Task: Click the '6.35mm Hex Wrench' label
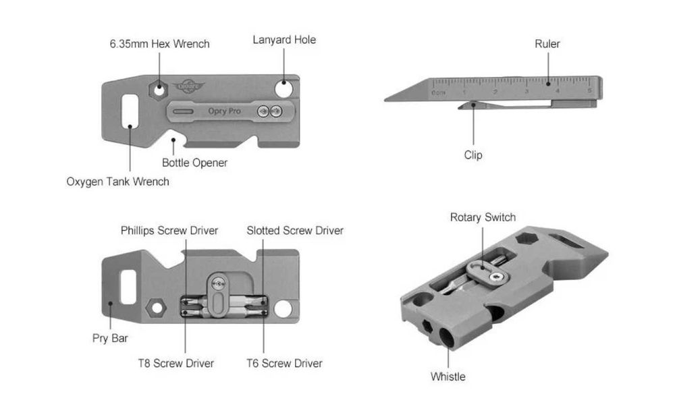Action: tap(160, 44)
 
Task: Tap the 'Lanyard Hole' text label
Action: tap(284, 40)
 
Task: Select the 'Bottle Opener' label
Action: tap(194, 163)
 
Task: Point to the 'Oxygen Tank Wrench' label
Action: tap(117, 182)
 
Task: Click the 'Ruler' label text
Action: tap(547, 44)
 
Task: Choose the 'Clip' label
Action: tap(473, 155)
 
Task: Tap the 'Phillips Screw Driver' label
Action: tap(169, 231)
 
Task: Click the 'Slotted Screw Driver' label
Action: tap(295, 231)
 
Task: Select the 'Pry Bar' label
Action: tap(110, 338)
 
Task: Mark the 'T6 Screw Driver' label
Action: tap(284, 364)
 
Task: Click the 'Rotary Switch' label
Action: tap(483, 217)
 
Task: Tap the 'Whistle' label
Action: tap(448, 377)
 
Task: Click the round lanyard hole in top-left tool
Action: tap(284, 89)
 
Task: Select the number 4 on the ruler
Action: tap(558, 90)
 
